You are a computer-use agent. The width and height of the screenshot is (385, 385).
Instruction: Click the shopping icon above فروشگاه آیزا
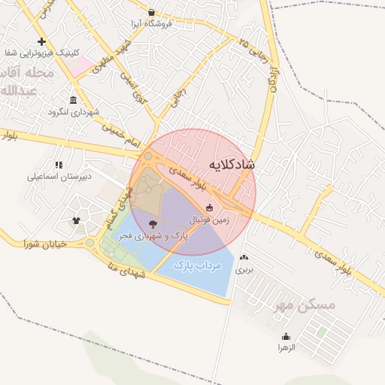click(x=152, y=12)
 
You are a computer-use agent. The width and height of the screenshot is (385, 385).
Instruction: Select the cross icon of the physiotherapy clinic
click(x=41, y=41)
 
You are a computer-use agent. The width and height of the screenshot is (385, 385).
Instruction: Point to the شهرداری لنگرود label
click(x=74, y=112)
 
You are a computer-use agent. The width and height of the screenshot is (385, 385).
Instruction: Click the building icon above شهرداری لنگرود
click(x=73, y=100)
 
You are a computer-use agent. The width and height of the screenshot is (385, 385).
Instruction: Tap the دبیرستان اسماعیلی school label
click(x=59, y=177)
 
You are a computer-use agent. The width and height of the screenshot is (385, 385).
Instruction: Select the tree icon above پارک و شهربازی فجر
click(x=153, y=223)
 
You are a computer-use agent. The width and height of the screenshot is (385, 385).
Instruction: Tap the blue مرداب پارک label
click(x=195, y=265)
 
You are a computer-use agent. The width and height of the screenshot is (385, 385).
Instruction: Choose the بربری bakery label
click(x=244, y=268)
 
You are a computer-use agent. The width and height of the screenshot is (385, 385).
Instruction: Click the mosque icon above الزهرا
click(x=286, y=336)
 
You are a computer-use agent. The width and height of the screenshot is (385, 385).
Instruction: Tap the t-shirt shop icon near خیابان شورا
click(x=76, y=220)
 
